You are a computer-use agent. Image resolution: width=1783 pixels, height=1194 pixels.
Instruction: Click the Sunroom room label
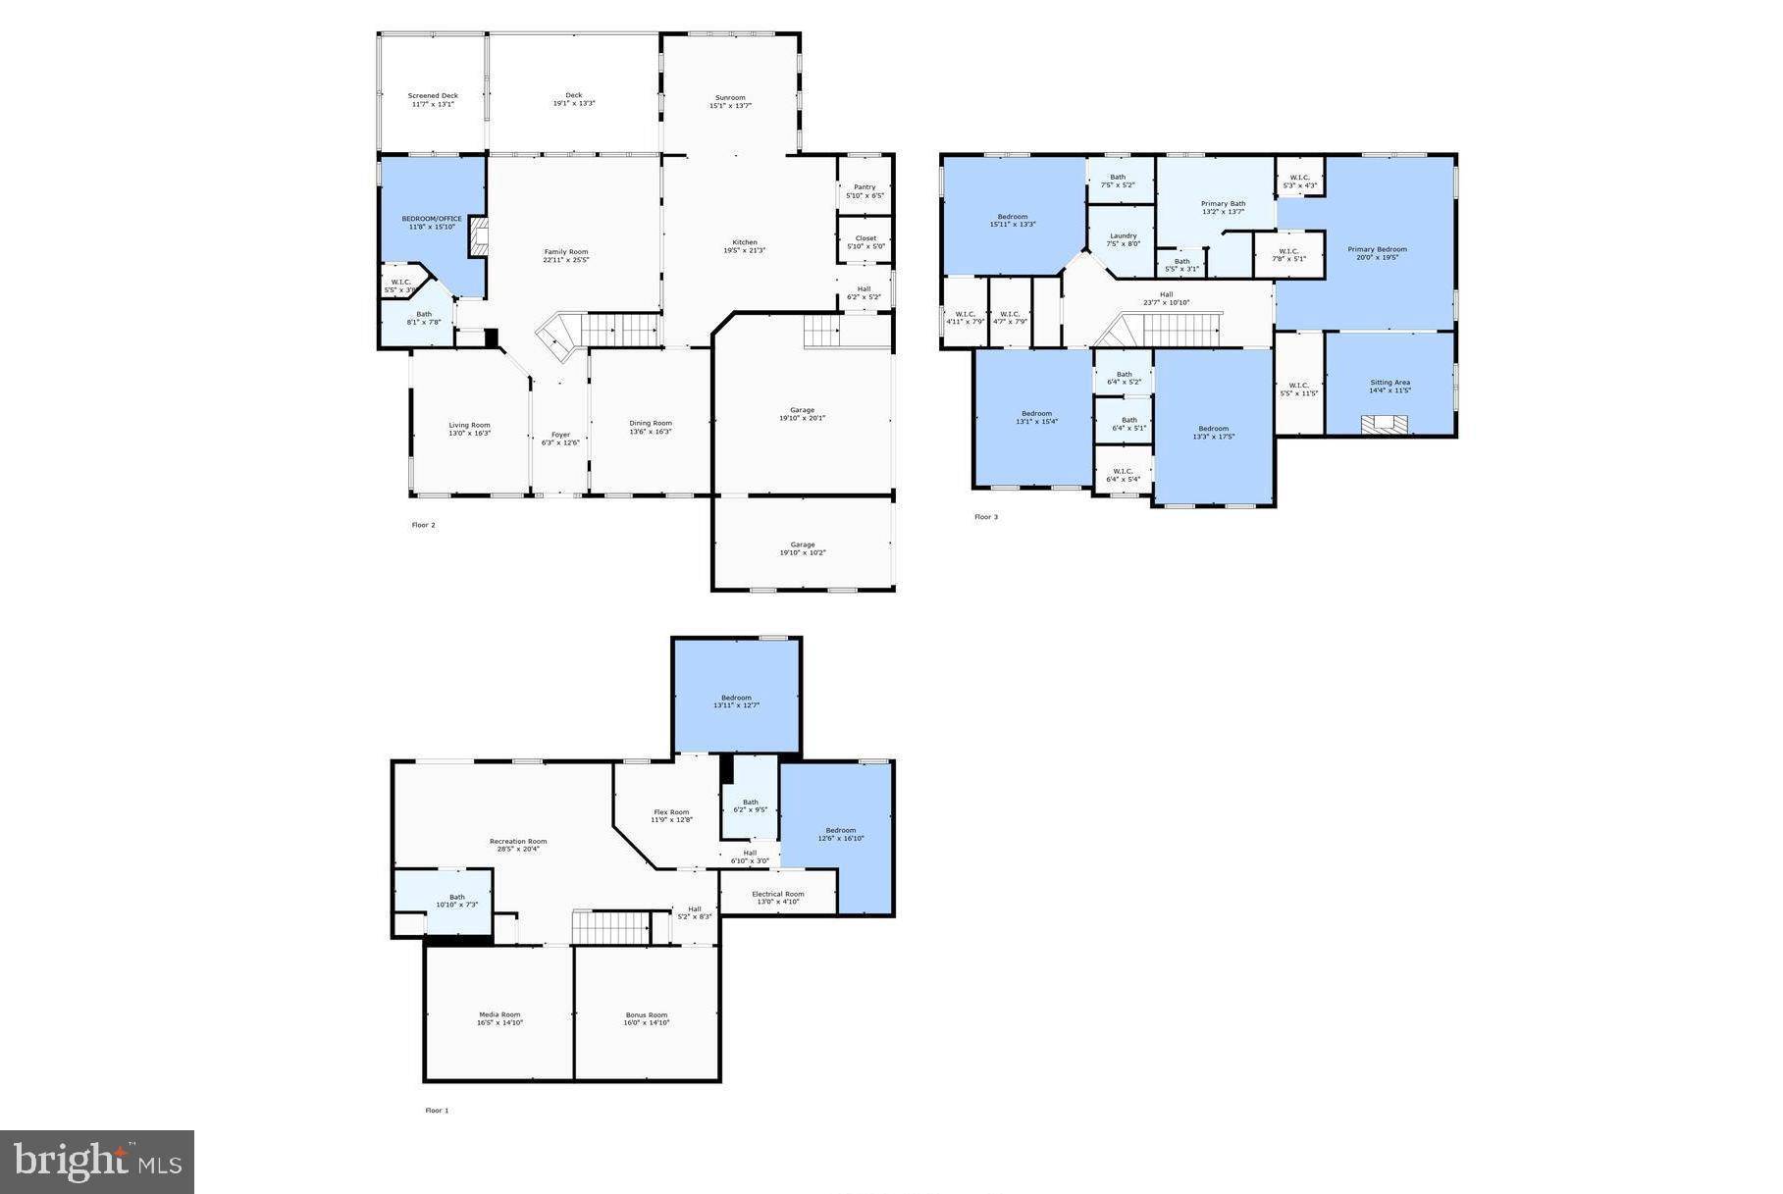(730, 98)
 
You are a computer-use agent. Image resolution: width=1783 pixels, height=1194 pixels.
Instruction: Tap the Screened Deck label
(433, 96)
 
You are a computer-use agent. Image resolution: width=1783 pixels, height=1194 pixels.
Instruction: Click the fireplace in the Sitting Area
(1384, 424)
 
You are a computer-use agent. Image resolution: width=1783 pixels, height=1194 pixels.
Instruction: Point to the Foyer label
(560, 435)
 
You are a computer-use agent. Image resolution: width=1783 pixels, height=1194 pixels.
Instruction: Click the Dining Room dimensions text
(651, 432)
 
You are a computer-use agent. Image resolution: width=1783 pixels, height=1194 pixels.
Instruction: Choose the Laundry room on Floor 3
(1123, 239)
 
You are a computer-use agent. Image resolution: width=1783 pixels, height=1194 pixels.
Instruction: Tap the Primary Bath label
(1223, 204)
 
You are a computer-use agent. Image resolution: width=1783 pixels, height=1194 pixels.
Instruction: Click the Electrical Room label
(778, 894)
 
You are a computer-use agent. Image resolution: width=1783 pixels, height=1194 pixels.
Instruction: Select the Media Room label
(499, 1014)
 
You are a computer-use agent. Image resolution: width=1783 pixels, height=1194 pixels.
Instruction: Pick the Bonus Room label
(647, 1014)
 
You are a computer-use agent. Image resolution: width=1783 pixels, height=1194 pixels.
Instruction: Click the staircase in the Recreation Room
(611, 926)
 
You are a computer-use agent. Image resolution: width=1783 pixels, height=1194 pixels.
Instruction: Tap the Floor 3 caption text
(985, 517)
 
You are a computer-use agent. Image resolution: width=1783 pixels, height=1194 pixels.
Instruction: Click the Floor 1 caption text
(437, 1111)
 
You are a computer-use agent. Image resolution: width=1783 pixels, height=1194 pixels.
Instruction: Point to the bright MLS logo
(97, 1163)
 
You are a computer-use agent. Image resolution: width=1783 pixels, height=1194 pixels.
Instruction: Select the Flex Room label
(671, 812)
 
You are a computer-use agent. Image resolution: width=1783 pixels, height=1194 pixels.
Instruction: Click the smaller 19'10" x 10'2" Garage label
(803, 548)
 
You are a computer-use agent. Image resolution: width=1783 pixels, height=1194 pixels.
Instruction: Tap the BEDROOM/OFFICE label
(432, 219)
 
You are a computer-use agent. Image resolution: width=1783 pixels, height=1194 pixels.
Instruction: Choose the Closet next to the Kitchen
(865, 241)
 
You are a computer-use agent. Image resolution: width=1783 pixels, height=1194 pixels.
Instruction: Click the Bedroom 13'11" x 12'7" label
(736, 698)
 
